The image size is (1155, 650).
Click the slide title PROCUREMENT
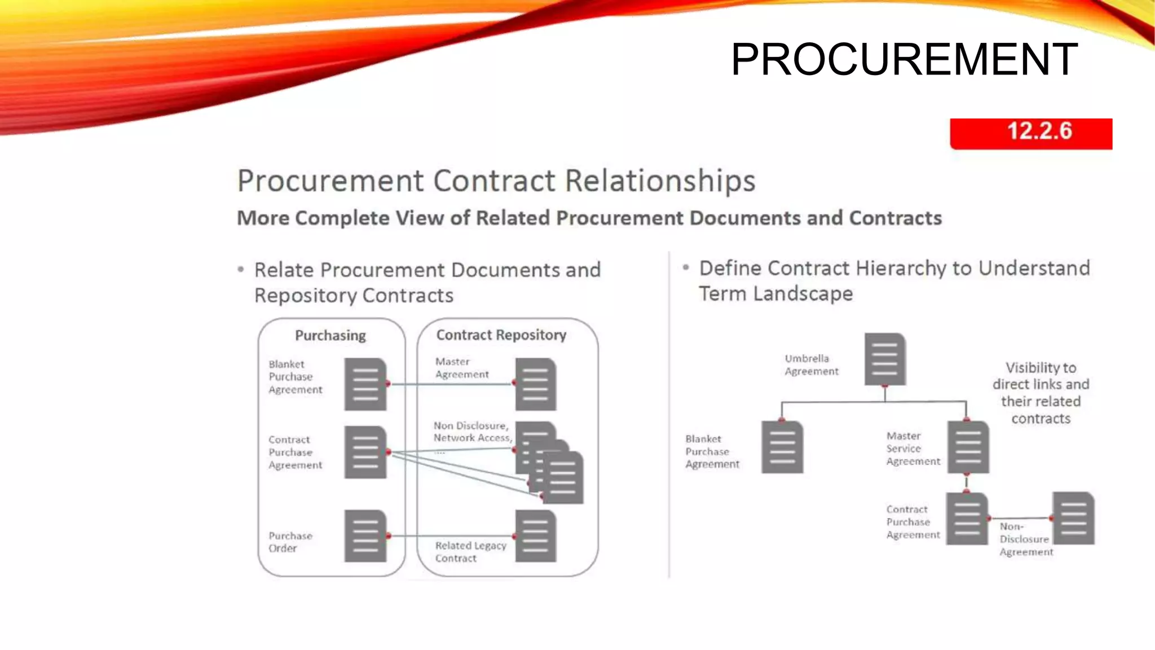[904, 59]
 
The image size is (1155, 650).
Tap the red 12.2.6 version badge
[1031, 133]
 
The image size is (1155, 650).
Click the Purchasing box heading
[330, 336]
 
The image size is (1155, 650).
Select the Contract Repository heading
[501, 335]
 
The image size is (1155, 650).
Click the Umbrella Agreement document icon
[885, 359]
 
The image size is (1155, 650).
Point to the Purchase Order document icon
[365, 536]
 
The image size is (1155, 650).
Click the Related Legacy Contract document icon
[535, 536]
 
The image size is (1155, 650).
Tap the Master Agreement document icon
[535, 384]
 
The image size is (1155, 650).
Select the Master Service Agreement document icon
[968, 447]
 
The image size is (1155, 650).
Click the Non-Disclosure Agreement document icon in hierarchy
[1073, 518]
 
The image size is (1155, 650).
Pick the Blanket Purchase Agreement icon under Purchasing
[365, 384]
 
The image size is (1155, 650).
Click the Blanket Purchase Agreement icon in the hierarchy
[782, 447]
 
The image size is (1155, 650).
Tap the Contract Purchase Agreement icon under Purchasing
[365, 453]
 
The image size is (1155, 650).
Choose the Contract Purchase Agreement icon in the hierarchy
[967, 519]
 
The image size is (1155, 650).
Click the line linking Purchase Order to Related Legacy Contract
[451, 536]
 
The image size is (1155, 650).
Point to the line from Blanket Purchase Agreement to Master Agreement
[451, 384]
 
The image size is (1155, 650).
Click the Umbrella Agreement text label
[811, 365]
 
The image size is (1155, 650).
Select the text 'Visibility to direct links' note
[1041, 393]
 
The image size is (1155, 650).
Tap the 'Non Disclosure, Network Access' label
[472, 432]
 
